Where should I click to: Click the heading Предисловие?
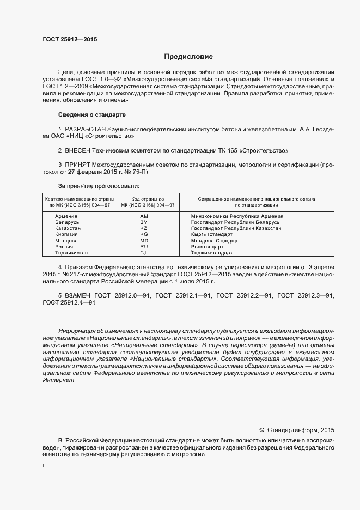pyautogui.click(x=188, y=57)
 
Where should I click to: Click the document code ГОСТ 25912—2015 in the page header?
pyautogui.click(x=70, y=39)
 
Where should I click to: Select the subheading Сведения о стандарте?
pyautogui.click(x=91, y=115)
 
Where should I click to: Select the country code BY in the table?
pyautogui.click(x=144, y=222)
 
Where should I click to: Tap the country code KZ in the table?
pyautogui.click(x=144, y=228)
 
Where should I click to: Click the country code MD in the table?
pyautogui.click(x=144, y=240)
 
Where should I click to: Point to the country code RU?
pyautogui.click(x=144, y=247)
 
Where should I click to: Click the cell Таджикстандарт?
pyautogui.click(x=212, y=253)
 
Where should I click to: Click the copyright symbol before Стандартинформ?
pyautogui.click(x=261, y=429)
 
